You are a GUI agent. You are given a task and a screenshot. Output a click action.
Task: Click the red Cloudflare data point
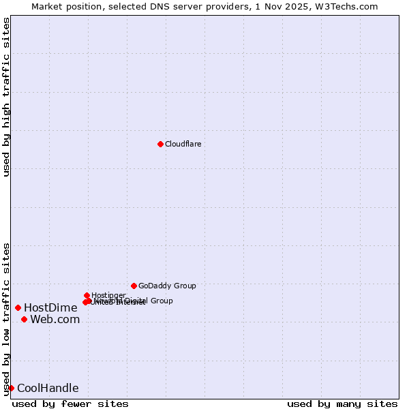click(x=160, y=144)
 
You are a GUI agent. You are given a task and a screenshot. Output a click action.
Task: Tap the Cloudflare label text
click(x=183, y=144)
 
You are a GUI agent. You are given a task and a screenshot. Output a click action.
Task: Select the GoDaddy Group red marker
click(x=134, y=286)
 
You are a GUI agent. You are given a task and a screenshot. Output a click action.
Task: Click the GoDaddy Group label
click(x=167, y=286)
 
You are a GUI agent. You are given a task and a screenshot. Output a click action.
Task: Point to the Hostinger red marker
click(x=87, y=295)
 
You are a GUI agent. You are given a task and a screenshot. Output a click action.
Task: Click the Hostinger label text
click(x=109, y=295)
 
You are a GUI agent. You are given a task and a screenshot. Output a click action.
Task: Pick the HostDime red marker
click(x=18, y=307)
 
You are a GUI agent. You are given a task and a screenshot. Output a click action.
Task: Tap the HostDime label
click(x=50, y=307)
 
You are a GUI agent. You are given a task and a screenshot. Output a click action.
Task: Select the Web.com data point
click(x=24, y=319)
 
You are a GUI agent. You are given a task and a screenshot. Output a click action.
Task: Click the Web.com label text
click(x=55, y=319)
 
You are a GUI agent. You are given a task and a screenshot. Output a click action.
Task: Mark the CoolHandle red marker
click(x=11, y=388)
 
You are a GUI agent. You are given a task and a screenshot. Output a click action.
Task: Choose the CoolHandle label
click(x=48, y=389)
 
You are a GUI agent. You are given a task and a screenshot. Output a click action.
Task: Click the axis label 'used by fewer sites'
click(x=70, y=404)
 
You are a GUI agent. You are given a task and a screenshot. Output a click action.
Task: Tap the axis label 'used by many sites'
click(x=342, y=404)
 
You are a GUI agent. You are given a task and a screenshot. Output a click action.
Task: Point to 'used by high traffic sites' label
click(x=7, y=97)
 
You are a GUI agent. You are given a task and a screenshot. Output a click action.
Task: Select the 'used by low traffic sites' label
click(x=7, y=318)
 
